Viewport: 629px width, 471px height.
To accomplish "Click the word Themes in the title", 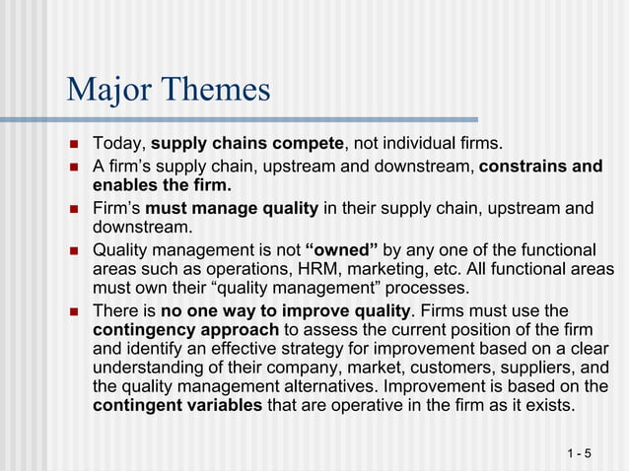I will [216, 90].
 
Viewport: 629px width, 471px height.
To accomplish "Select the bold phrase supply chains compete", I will [246, 145].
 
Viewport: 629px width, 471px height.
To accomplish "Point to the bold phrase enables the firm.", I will [163, 185].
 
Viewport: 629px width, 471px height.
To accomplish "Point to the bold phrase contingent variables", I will [177, 406].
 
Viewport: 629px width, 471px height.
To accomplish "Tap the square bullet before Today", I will [73, 145].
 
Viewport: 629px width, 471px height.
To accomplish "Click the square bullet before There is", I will [73, 310].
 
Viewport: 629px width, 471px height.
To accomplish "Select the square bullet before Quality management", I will [73, 249].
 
